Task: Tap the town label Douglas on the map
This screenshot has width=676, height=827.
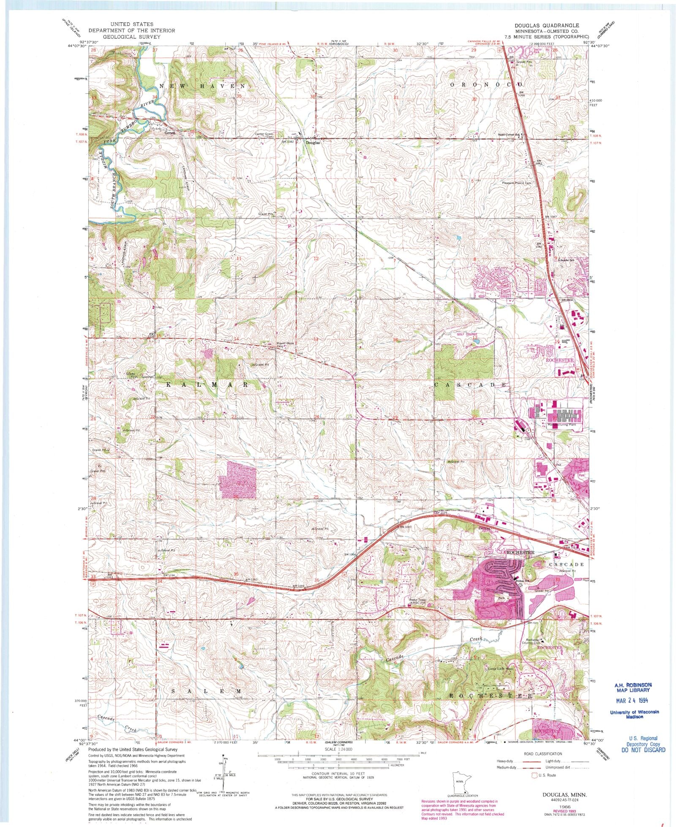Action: tap(313, 143)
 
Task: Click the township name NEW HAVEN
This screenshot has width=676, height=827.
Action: tap(202, 86)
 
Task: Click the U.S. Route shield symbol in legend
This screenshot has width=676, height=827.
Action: tap(534, 775)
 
